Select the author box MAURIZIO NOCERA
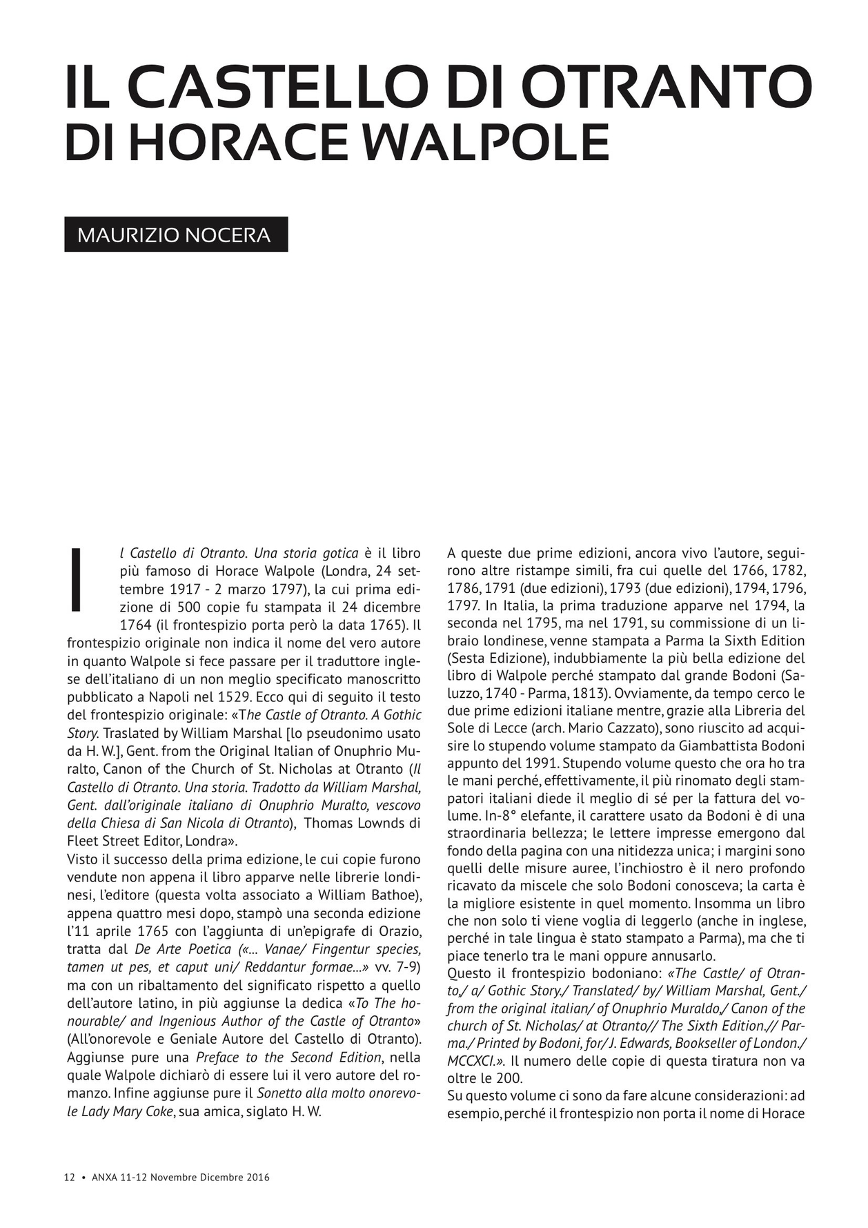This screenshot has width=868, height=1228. pos(176,235)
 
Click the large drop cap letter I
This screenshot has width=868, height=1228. pos(77,580)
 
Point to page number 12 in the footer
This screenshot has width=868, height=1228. pos(69,1178)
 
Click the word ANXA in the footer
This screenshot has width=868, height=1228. pos(103,1178)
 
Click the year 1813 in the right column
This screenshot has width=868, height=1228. pos(590,692)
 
